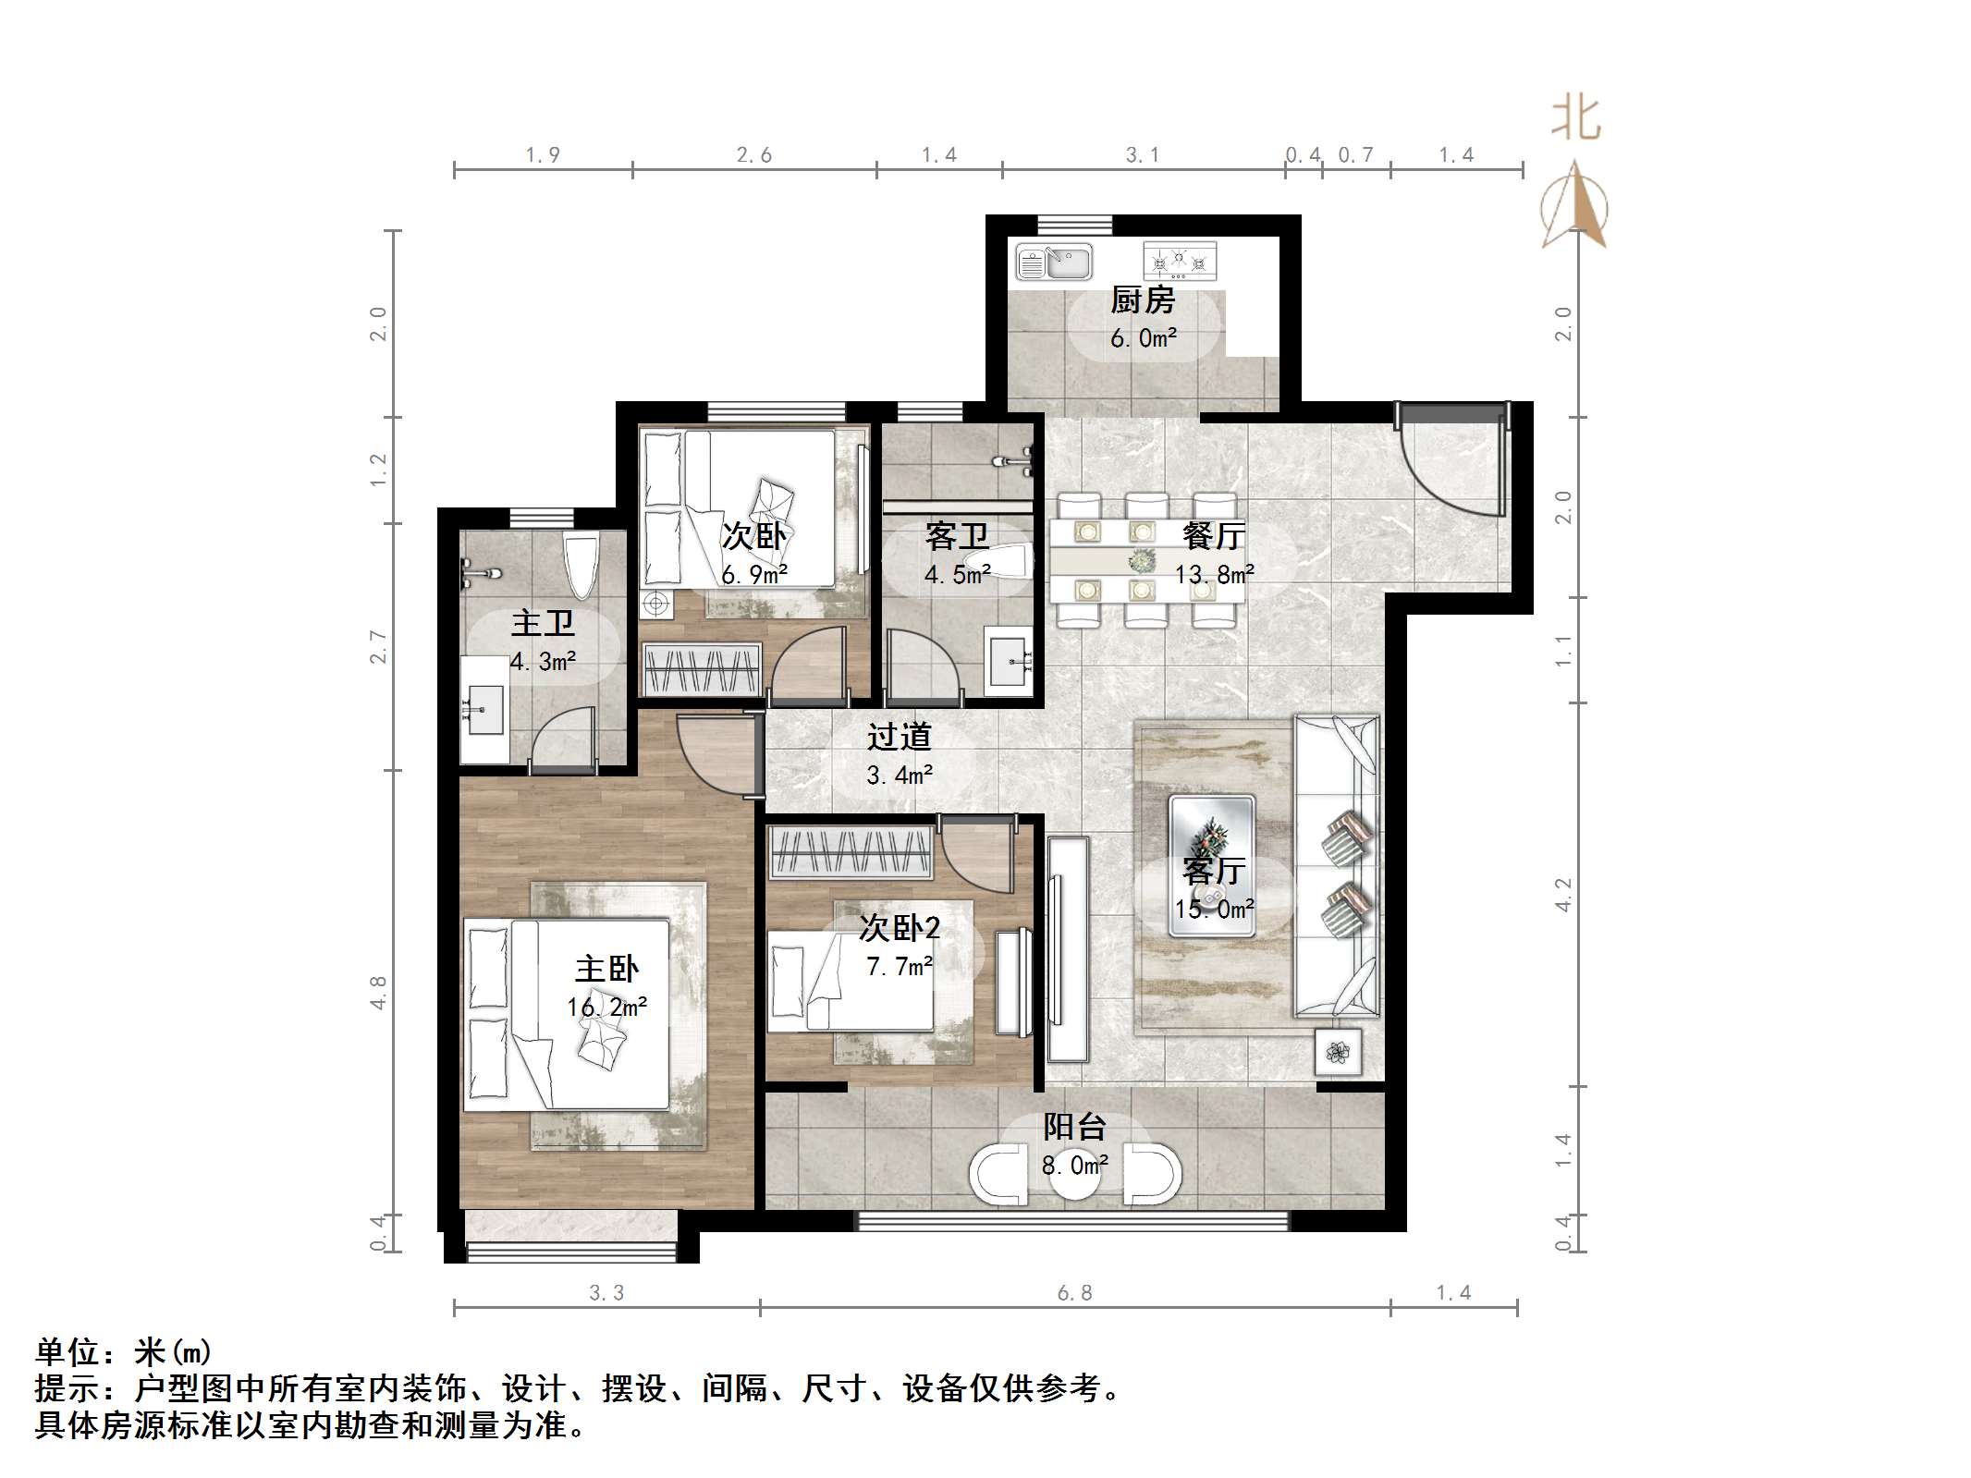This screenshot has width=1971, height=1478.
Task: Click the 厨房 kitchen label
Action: pyautogui.click(x=1143, y=299)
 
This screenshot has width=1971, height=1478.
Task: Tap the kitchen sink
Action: pyautogui.click(x=1054, y=262)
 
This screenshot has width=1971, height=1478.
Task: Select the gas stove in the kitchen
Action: pyautogui.click(x=1180, y=262)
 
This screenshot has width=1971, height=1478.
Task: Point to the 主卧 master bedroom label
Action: pyautogui.click(x=606, y=969)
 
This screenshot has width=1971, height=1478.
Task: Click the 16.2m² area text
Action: pyautogui.click(x=606, y=1007)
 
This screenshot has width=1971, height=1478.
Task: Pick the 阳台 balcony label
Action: pyautogui.click(x=1074, y=1127)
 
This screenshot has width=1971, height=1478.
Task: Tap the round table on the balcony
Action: pyautogui.click(x=1075, y=1175)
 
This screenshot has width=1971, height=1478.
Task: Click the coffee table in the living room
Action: pyautogui.click(x=1212, y=866)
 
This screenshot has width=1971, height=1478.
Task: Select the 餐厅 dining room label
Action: pyautogui.click(x=1214, y=535)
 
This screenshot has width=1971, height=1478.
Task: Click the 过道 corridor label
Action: pyautogui.click(x=899, y=737)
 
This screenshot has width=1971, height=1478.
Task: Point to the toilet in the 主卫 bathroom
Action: pyautogui.click(x=582, y=566)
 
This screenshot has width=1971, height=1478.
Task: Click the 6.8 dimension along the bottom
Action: pyautogui.click(x=1075, y=1292)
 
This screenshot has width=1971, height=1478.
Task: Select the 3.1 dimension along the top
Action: pyautogui.click(x=1142, y=155)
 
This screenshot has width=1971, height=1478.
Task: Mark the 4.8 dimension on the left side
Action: pyautogui.click(x=378, y=992)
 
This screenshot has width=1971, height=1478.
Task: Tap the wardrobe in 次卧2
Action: pyautogui.click(x=851, y=851)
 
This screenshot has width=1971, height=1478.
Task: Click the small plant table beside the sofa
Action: pyautogui.click(x=1337, y=1052)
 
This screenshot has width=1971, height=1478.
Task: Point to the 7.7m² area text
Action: pyautogui.click(x=899, y=967)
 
